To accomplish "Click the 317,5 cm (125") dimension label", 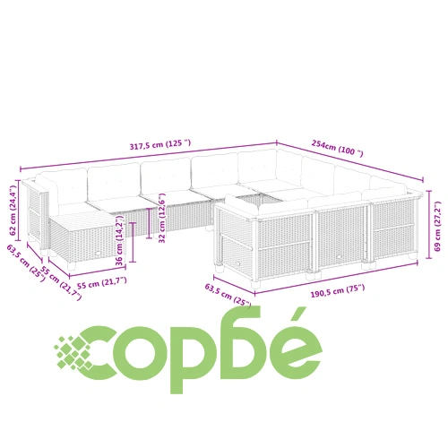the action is pos(160,144).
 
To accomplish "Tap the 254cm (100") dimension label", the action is pos(338,148).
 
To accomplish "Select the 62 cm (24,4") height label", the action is pos(13,211).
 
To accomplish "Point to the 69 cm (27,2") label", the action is pos(437,226).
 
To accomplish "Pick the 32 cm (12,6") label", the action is pos(162,218).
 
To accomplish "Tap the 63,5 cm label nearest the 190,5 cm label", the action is pos(228,295).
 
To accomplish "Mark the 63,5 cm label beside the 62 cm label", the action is pos(26,261).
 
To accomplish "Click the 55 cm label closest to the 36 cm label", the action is pos(102,282).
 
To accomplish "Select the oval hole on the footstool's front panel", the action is pos(98,254).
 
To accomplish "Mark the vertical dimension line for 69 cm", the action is pos(429,224).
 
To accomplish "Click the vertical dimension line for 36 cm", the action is pos(133,242).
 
